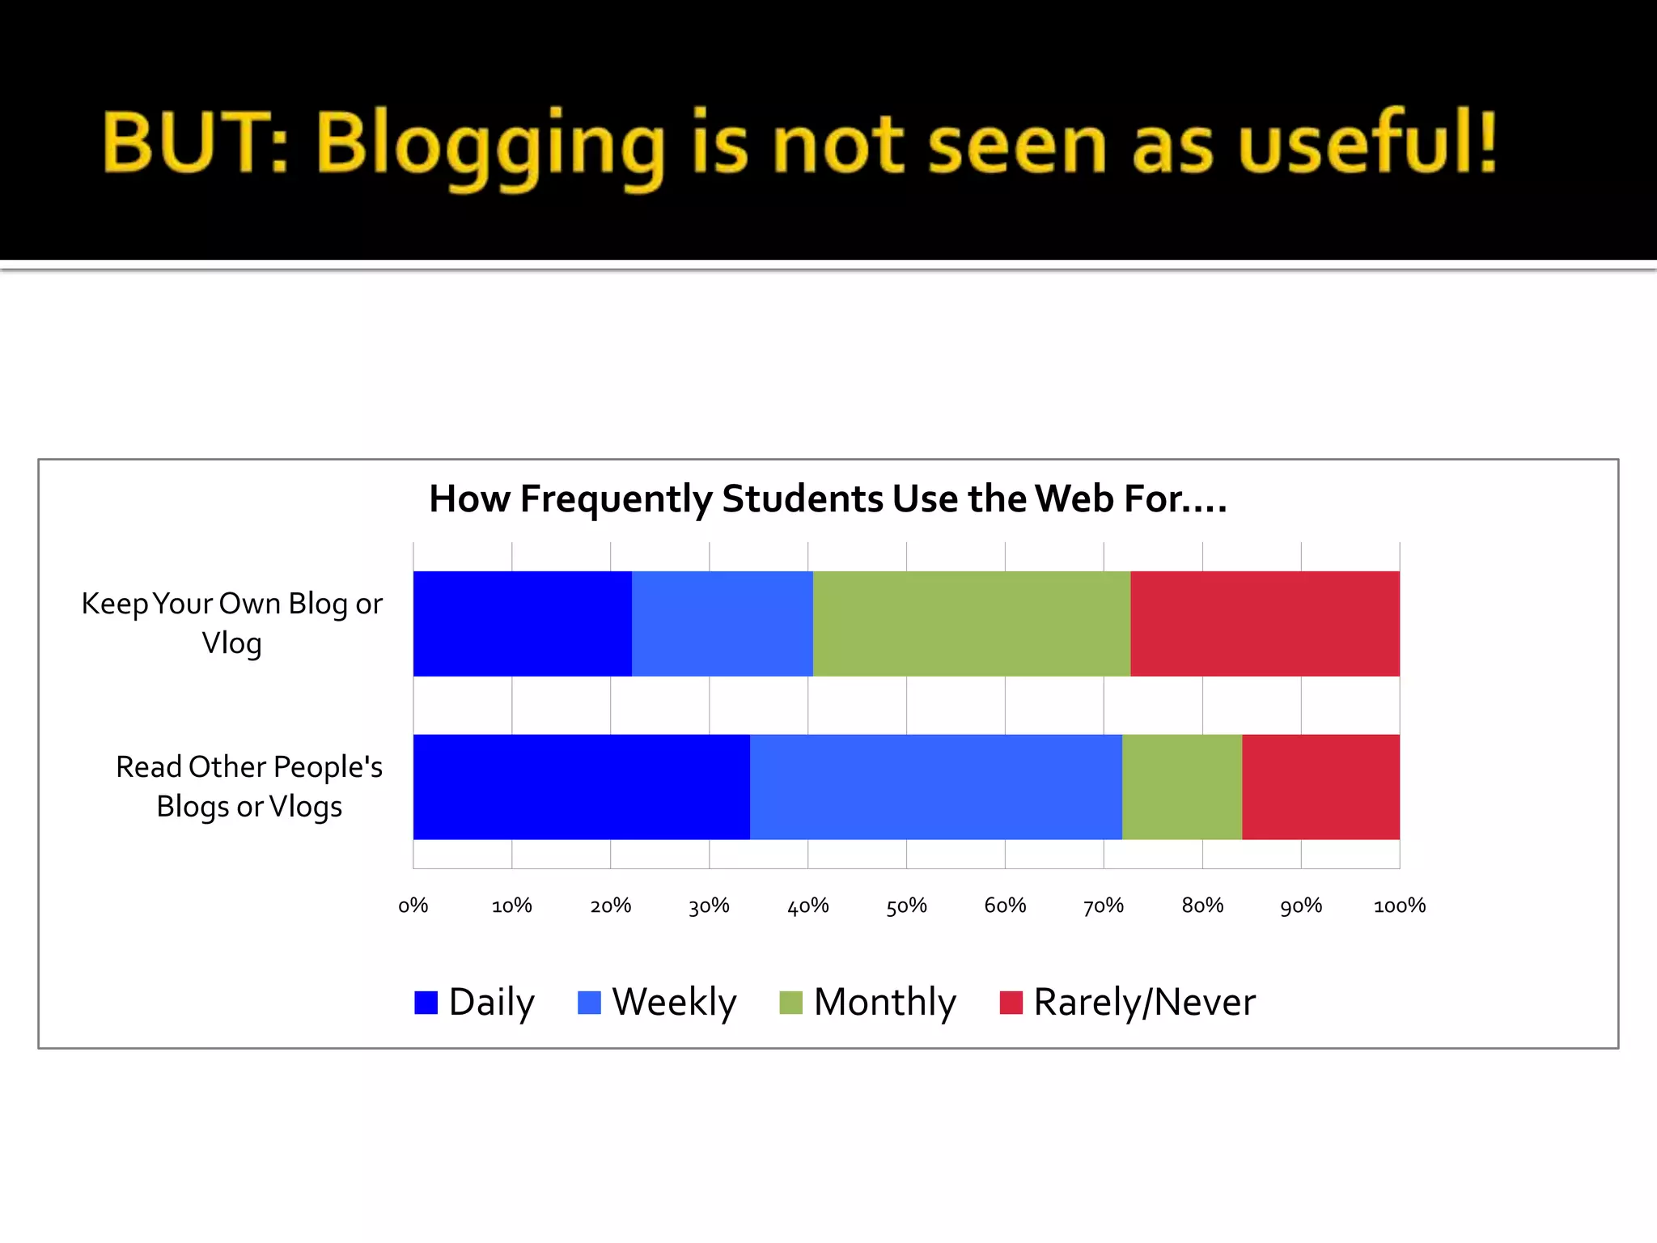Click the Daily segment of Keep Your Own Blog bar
coord(522,623)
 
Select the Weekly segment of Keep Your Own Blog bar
coord(722,623)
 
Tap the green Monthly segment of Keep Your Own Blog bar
coord(971,623)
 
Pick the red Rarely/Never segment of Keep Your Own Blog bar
coord(1265,623)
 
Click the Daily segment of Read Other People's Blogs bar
coord(581,787)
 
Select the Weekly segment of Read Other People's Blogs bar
coord(935,787)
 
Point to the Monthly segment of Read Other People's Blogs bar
coord(1181,787)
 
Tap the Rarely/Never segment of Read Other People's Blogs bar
coord(1320,787)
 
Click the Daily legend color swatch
coord(426,1003)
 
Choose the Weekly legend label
coord(674,1002)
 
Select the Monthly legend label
coord(884,1002)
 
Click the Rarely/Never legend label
coord(1144,1002)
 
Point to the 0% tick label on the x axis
coord(413,906)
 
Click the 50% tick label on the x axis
coord(906,906)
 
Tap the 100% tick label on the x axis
coord(1399,906)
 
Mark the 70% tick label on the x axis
coord(1104,906)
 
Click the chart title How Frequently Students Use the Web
coord(828,498)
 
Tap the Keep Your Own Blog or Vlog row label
coord(231,623)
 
